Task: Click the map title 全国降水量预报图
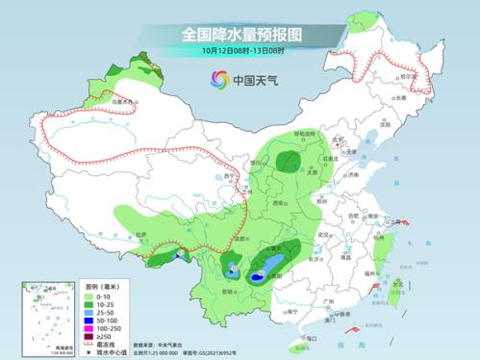click(x=240, y=34)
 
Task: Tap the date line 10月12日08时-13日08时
click(x=240, y=50)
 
